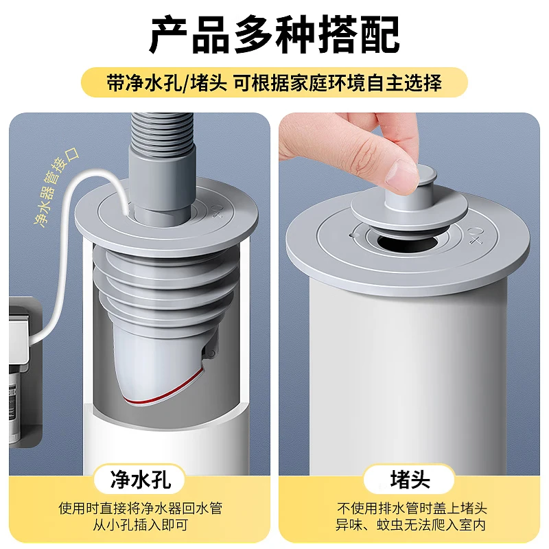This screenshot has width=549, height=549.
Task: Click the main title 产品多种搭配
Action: [274, 36]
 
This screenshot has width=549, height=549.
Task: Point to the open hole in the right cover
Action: [408, 240]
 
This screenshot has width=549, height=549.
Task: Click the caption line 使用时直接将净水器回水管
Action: [140, 509]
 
